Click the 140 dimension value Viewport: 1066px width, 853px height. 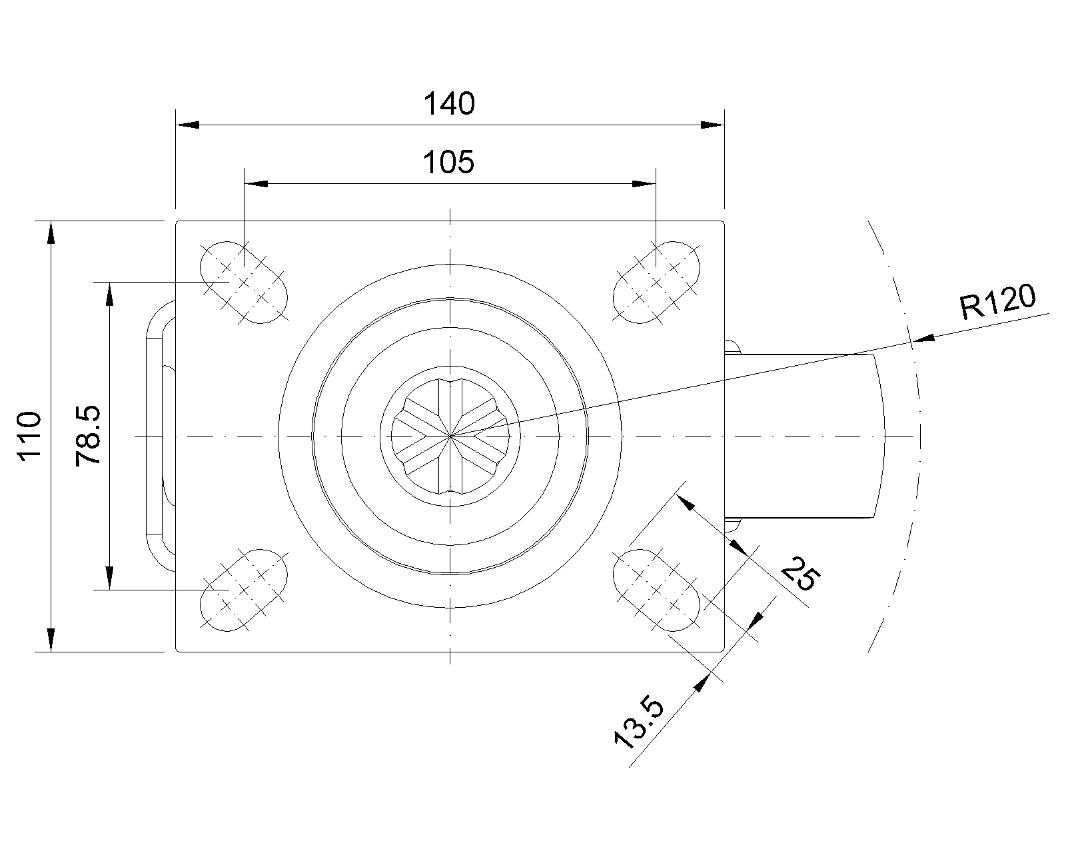[x=449, y=103]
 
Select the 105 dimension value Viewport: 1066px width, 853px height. [x=448, y=162]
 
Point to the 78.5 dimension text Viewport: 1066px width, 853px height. [x=88, y=436]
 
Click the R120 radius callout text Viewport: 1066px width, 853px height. [x=997, y=302]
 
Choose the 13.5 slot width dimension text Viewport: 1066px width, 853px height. [x=638, y=723]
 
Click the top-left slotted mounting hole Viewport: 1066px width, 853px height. [x=244, y=283]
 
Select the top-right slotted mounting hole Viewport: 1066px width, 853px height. [x=656, y=283]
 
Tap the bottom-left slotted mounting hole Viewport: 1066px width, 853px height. [x=244, y=590]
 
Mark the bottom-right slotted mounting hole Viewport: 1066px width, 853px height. [x=656, y=590]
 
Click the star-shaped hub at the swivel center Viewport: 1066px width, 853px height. [x=450, y=436]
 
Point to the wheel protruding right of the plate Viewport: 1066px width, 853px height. [x=804, y=436]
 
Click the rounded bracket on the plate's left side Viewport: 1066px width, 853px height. [x=161, y=436]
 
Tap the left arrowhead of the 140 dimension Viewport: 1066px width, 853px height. [x=188, y=125]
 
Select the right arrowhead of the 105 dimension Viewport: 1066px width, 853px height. [x=644, y=184]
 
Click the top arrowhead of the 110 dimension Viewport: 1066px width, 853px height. [x=51, y=233]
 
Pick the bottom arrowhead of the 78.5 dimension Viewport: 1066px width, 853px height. [x=109, y=578]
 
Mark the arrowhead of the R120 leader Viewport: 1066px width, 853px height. [x=923, y=339]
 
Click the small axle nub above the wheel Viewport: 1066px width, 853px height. [x=733, y=347]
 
